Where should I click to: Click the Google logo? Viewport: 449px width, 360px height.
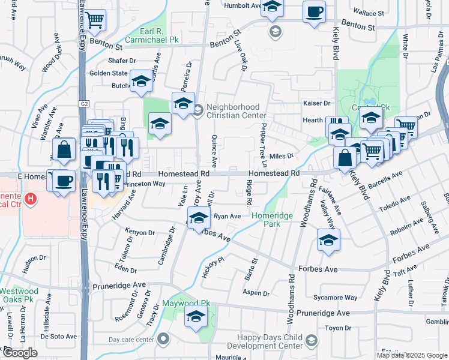20,353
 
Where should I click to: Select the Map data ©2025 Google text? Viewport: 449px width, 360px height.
411,355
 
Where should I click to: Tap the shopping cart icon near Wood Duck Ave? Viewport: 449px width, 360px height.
94,19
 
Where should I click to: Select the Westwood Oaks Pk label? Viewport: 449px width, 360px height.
20,295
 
